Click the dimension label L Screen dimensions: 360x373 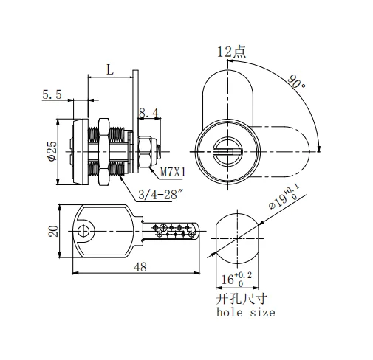pos(109,70)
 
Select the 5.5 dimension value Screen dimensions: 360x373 pos(52,94)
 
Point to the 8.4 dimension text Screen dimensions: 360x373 pos(148,113)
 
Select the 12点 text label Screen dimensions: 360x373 pos(231,52)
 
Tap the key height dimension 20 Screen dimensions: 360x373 pos(52,231)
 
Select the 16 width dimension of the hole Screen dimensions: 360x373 pos(234,279)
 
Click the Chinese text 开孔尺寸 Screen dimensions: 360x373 pos(242,300)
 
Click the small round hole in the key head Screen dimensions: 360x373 pos(85,231)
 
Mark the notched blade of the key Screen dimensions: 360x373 pos(174,231)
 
